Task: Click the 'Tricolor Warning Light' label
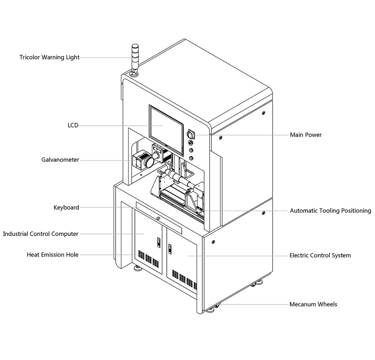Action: tap(49, 57)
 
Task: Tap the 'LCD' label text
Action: tap(73, 125)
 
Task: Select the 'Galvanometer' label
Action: tap(60, 160)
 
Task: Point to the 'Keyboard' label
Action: tap(66, 207)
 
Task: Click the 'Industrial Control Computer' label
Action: tap(40, 234)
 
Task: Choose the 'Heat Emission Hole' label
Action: tap(52, 255)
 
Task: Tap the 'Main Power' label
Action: tap(306, 135)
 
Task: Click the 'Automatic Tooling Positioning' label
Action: tap(330, 211)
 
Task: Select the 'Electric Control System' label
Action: tap(320, 255)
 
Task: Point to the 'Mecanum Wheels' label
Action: tap(313, 304)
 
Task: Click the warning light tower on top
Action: tap(134, 58)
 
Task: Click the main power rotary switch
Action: tap(190, 133)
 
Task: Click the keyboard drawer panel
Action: tap(159, 217)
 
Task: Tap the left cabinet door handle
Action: tap(158, 242)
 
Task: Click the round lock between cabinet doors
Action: tap(159, 218)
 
